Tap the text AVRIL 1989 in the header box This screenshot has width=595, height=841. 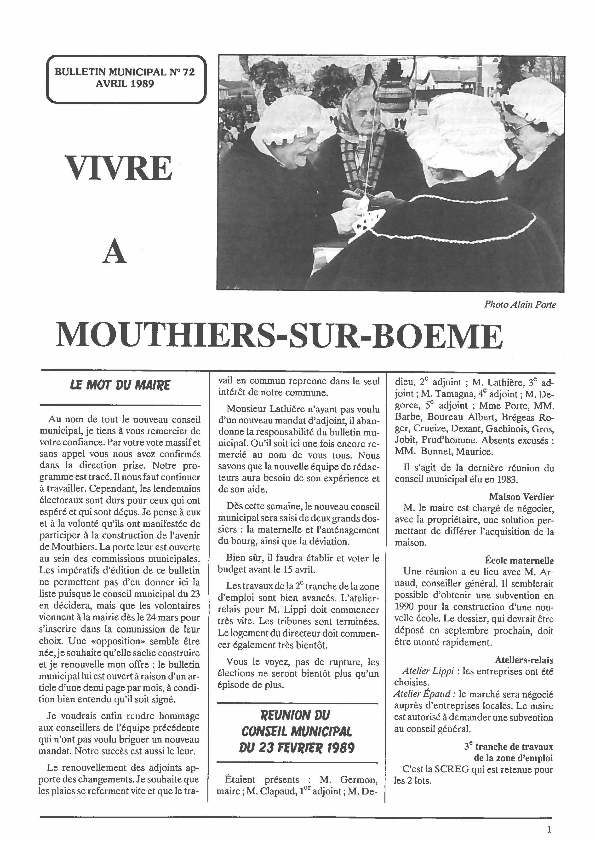(x=125, y=84)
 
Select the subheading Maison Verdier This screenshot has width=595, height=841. (x=521, y=497)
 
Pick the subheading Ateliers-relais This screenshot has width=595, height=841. (x=524, y=660)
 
